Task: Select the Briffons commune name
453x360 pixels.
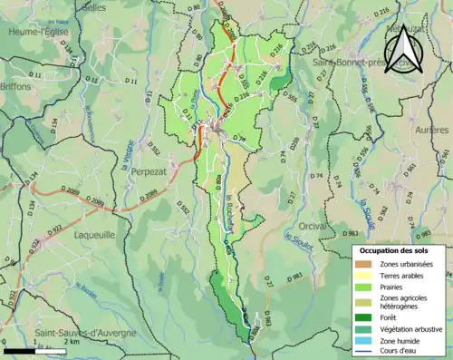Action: coord(17,86)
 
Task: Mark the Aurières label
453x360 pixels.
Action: coord(430,131)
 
